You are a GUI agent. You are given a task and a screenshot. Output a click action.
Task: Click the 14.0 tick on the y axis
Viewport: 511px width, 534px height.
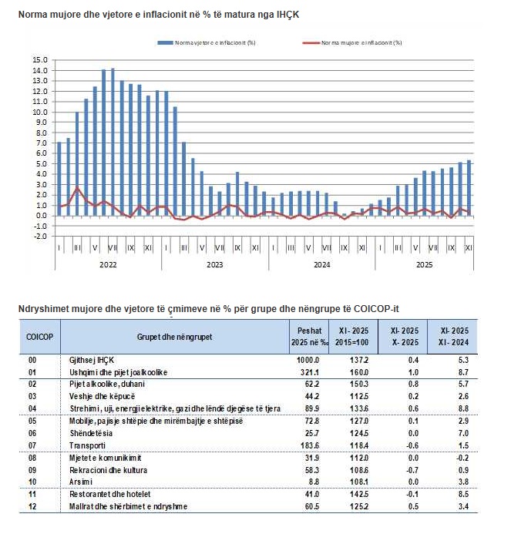[40, 70]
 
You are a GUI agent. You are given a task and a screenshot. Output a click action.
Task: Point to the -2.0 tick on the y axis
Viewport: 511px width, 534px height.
[40, 237]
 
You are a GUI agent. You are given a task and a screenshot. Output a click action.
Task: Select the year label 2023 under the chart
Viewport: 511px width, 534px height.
[214, 264]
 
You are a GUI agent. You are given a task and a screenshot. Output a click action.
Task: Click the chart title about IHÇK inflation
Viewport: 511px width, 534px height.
[159, 15]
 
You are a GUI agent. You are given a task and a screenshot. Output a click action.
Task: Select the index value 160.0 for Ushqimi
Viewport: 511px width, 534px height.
[360, 372]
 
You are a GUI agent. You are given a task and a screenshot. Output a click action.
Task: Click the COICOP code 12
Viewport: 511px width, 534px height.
[33, 506]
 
